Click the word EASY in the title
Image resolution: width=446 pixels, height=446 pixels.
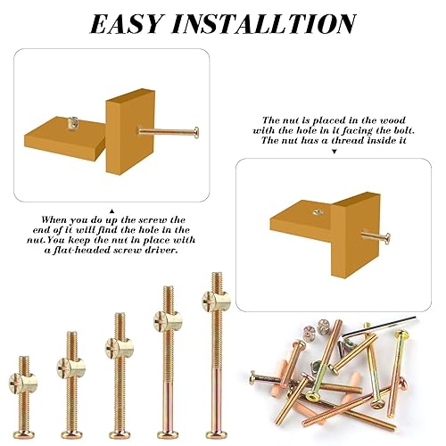[x=130, y=23]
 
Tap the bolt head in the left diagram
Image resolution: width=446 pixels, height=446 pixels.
[x=195, y=132]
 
